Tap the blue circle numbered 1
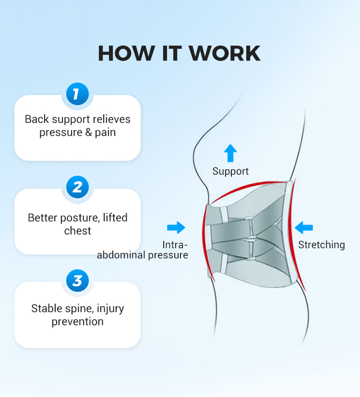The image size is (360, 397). click(x=77, y=94)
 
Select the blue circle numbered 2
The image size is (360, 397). click(x=77, y=187)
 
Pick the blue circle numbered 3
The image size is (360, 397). click(x=77, y=280)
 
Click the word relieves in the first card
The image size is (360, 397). click(x=111, y=119)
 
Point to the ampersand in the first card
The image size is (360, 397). click(x=88, y=132)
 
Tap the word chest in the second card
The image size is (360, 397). click(x=78, y=230)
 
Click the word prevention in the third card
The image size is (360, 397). click(x=78, y=321)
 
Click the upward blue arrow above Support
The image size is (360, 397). click(x=230, y=153)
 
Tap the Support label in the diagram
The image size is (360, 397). click(x=230, y=171)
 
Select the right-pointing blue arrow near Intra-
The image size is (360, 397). click(x=176, y=228)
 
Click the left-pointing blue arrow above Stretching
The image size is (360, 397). click(x=304, y=228)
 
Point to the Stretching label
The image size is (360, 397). click(x=322, y=245)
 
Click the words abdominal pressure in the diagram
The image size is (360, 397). click(x=143, y=255)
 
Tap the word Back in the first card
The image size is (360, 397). click(x=36, y=119)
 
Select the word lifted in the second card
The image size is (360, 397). click(x=115, y=217)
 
